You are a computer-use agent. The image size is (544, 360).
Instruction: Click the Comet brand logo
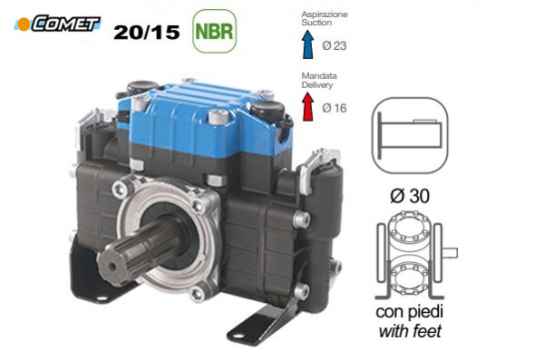[57, 24]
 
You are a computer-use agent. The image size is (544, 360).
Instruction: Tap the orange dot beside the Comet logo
[24, 24]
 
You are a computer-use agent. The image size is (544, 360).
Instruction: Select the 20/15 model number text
[146, 33]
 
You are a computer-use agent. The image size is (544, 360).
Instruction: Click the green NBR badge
[214, 31]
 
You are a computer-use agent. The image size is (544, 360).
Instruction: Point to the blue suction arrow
[307, 44]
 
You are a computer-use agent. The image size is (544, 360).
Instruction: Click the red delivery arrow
[307, 107]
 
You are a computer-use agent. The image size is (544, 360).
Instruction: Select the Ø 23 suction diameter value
[335, 45]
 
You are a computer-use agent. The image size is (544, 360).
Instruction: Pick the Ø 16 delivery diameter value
[335, 108]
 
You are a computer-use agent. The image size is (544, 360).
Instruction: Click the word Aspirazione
[325, 15]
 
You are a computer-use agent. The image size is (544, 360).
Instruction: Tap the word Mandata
[319, 75]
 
